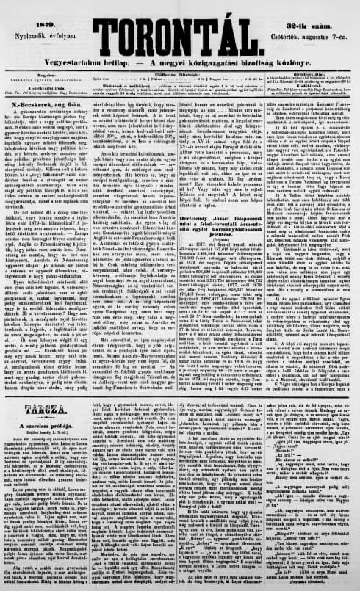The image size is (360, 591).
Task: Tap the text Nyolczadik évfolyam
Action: point(32,21)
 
